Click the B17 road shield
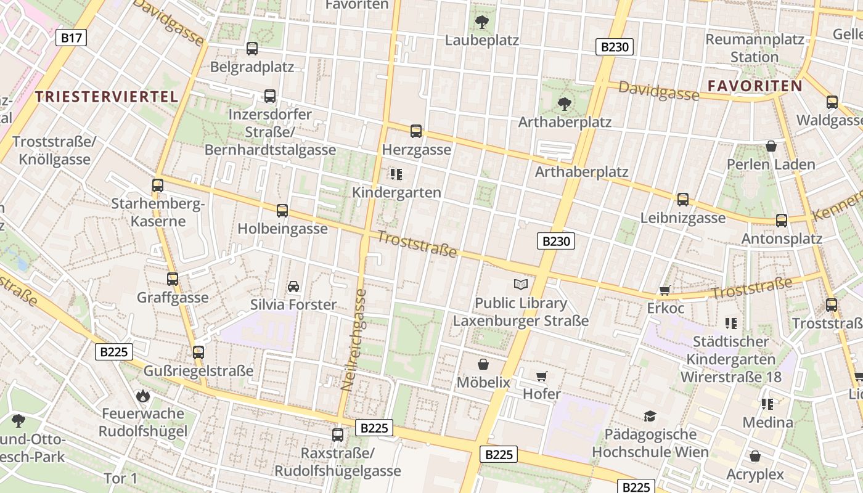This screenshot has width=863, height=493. point(72,38)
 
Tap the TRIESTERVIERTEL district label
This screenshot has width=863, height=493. point(107,96)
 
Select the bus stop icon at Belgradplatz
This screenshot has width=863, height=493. point(252,49)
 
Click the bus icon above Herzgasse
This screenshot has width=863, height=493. point(416,131)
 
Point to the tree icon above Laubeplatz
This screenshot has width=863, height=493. point(482,23)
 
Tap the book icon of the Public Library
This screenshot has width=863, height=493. point(521,284)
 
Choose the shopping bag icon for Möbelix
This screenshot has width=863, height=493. point(483,364)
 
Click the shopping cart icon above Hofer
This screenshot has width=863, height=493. point(542,376)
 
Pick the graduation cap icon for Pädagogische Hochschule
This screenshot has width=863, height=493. point(650,417)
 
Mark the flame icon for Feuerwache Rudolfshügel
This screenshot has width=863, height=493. point(144,396)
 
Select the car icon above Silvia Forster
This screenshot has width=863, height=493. point(293,287)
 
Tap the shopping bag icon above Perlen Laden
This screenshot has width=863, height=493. point(771,146)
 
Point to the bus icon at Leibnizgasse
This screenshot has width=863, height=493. point(682,200)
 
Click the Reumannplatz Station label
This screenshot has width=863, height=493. point(755,48)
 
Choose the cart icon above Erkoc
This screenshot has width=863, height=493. point(665,290)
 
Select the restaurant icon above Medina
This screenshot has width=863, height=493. point(767,404)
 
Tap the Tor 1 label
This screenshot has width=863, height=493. point(120,478)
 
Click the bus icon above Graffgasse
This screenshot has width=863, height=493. point(173,279)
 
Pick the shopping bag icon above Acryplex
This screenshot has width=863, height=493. point(755,456)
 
